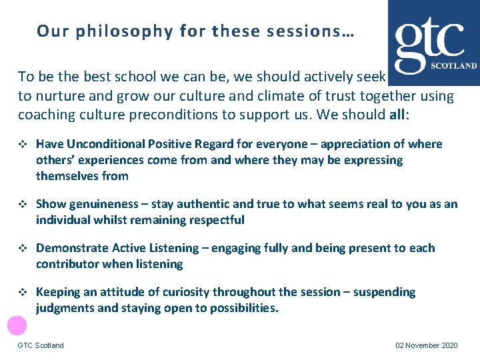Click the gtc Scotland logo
click(x=435, y=43)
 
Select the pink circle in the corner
click(x=17, y=325)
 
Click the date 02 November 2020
click(x=427, y=345)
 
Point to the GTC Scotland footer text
click(x=41, y=345)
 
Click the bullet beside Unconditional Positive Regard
click(x=23, y=145)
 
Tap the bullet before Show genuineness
click(x=23, y=205)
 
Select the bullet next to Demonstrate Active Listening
click(x=23, y=249)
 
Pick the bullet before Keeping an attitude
click(x=23, y=293)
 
